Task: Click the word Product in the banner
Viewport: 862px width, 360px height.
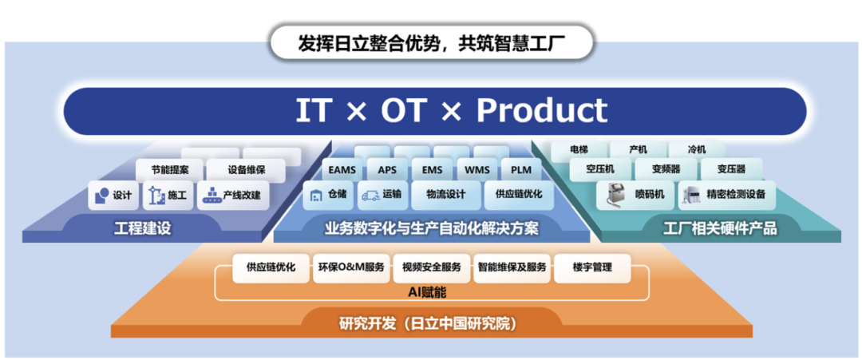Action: (541, 110)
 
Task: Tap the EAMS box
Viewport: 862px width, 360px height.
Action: (342, 170)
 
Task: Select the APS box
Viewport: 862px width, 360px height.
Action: (386, 170)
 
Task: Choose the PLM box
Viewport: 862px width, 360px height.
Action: (520, 170)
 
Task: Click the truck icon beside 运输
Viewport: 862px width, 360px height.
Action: (370, 195)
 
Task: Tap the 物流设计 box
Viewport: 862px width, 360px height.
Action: (445, 195)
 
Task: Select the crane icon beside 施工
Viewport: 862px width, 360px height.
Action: (156, 196)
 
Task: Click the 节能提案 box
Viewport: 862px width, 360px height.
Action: (169, 170)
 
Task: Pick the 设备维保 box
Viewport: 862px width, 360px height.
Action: (246, 170)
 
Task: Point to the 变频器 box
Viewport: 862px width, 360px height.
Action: (666, 169)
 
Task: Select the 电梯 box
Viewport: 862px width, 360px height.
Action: (579, 149)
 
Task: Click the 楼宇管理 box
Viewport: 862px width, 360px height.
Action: (592, 268)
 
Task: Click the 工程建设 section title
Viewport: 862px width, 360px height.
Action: (142, 228)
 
